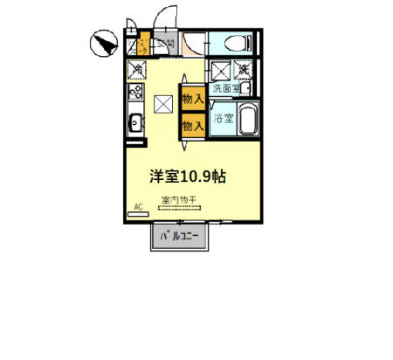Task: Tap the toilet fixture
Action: (x=237, y=42)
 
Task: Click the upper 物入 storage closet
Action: (x=192, y=99)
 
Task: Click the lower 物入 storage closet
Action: (x=192, y=125)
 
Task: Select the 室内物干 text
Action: (x=179, y=200)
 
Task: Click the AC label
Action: (x=137, y=207)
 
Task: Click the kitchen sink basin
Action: (x=134, y=122)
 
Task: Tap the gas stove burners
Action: (x=134, y=91)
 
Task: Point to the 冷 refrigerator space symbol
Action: (x=135, y=69)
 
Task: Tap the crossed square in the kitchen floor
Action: (x=163, y=103)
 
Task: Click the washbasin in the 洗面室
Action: (x=247, y=88)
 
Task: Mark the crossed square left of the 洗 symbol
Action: (x=222, y=69)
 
